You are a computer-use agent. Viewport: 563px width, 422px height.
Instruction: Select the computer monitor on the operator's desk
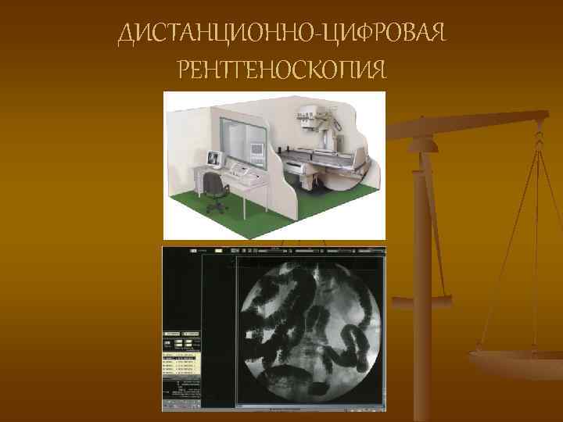point(213,159)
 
